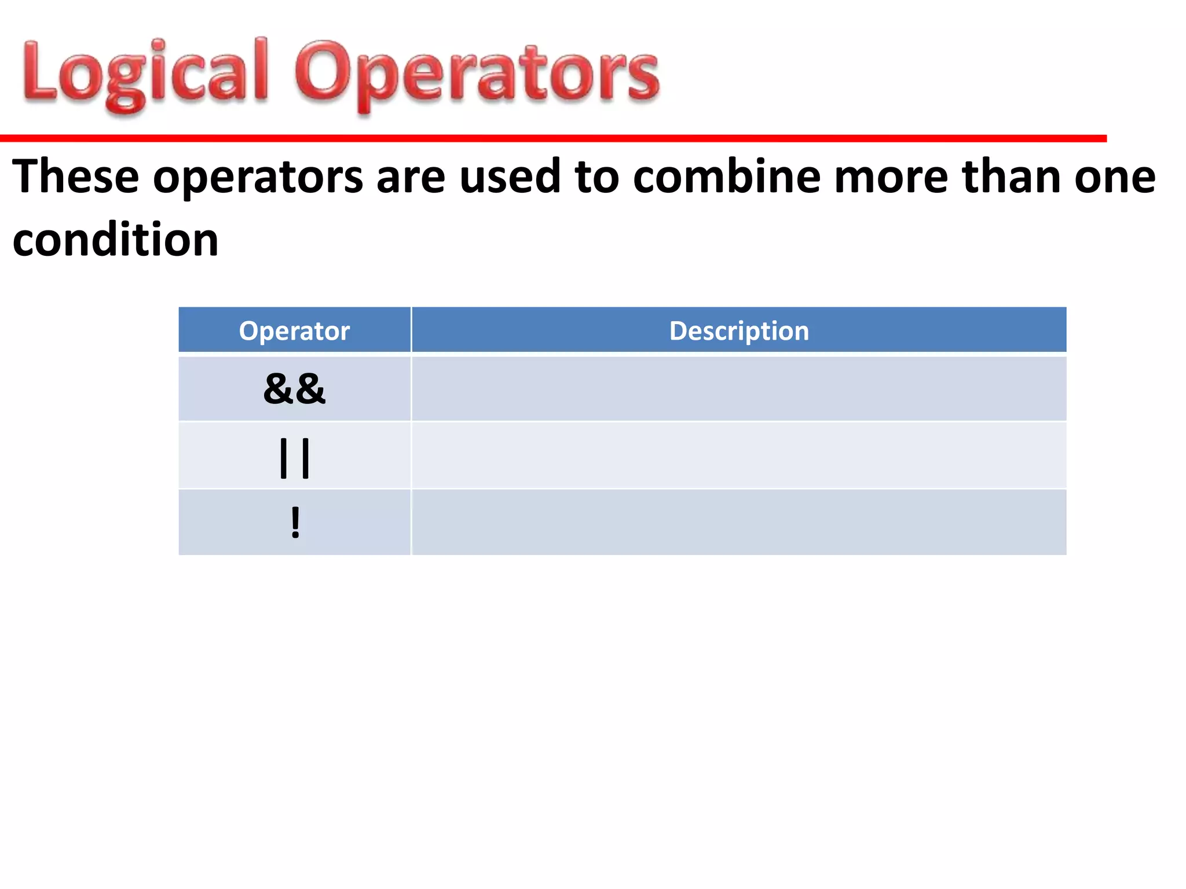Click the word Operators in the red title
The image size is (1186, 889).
(477, 75)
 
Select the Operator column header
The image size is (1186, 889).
(294, 330)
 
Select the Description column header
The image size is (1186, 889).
(739, 330)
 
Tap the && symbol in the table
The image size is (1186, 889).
(294, 389)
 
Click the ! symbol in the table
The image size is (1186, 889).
(295, 522)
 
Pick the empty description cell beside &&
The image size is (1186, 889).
(739, 389)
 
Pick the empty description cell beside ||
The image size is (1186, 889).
(739, 455)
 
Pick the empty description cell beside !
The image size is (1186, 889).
(739, 522)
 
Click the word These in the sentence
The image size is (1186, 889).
(75, 176)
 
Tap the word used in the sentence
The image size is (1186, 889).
(510, 176)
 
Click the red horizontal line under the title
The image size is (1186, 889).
(553, 138)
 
